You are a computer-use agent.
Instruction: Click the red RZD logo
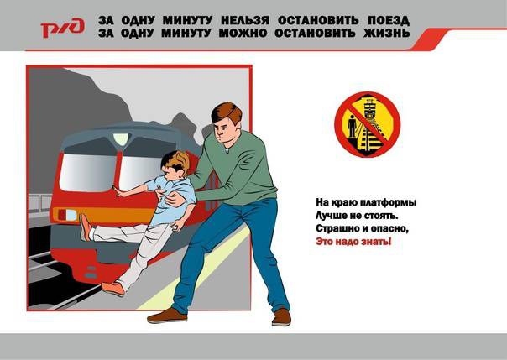[62, 28]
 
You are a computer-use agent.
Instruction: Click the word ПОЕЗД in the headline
[389, 20]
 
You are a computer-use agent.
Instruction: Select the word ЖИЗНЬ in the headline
[387, 33]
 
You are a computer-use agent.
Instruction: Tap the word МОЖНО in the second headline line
[243, 33]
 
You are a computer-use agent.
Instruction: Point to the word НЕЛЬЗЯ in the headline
[245, 20]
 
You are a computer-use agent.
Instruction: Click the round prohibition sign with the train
[368, 125]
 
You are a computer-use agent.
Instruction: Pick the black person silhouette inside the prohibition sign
[352, 126]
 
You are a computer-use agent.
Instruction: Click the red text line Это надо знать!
[353, 242]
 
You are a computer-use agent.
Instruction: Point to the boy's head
[175, 165]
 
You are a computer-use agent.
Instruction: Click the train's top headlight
[121, 139]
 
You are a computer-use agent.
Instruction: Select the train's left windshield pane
[87, 173]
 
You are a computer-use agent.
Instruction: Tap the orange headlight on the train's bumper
[67, 215]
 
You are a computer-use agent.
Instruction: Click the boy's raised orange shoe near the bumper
[86, 227]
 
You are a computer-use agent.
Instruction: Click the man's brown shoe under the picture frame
[167, 316]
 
